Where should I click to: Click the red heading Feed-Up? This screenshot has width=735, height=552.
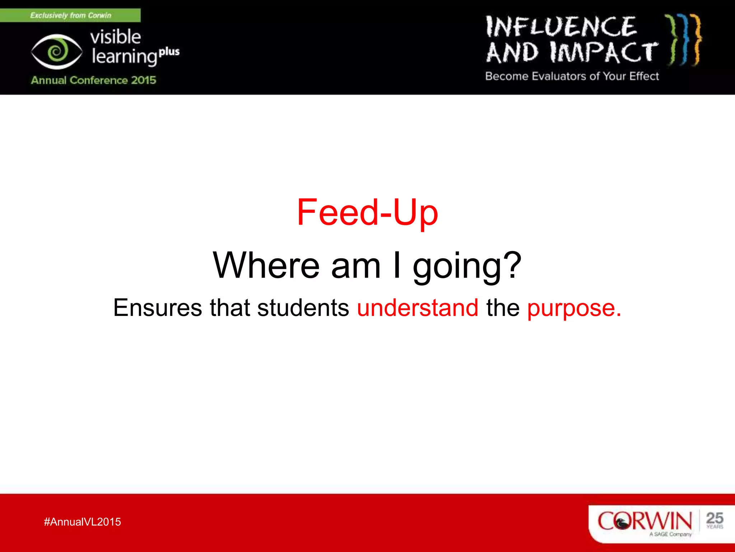pyautogui.click(x=367, y=213)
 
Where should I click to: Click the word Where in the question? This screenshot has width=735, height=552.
pyautogui.click(x=266, y=266)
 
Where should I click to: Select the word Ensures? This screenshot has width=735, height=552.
pyautogui.click(x=158, y=308)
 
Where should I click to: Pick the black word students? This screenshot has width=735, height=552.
pyautogui.click(x=303, y=308)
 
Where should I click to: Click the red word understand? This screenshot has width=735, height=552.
pyautogui.click(x=417, y=308)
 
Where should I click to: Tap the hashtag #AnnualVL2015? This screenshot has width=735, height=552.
pyautogui.click(x=82, y=522)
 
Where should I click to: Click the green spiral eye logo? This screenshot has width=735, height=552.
pyautogui.click(x=56, y=52)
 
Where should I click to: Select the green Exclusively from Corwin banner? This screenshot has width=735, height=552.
pyautogui.click(x=70, y=15)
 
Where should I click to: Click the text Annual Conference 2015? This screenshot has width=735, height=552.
pyautogui.click(x=93, y=80)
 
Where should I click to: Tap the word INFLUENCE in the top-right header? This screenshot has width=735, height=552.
pyautogui.click(x=561, y=27)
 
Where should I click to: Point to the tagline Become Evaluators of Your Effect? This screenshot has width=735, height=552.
pyautogui.click(x=572, y=76)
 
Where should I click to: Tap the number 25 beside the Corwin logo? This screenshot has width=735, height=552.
pyautogui.click(x=714, y=519)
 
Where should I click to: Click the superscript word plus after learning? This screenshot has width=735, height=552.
pyautogui.click(x=169, y=52)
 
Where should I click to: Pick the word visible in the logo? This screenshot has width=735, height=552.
pyautogui.click(x=115, y=37)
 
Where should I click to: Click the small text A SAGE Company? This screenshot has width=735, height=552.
pyautogui.click(x=670, y=534)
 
